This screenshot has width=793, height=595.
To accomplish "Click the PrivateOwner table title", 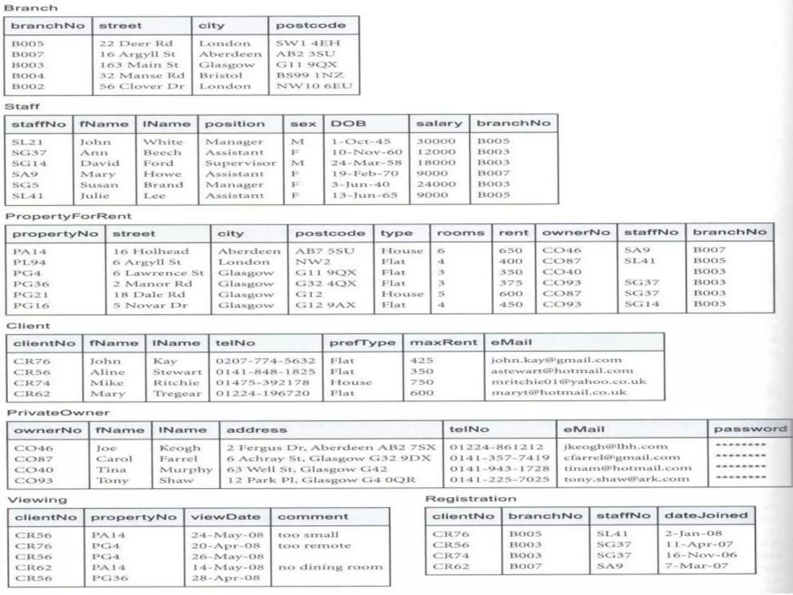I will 58,413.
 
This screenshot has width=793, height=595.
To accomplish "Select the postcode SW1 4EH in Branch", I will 308,43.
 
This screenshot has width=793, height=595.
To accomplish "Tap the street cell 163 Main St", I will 139,65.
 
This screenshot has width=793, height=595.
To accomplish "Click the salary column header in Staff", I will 439,124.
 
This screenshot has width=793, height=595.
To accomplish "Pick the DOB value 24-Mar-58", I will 366,163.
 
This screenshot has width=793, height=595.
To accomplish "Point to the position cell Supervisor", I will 240,163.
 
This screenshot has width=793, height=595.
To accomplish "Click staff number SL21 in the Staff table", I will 27,142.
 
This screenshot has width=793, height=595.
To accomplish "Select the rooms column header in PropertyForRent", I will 460,233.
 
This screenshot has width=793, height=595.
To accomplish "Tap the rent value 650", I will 510,251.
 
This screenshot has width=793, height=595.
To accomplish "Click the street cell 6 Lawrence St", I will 158,273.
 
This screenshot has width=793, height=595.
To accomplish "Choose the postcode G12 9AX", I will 325,305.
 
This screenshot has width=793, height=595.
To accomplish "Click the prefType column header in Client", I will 362,343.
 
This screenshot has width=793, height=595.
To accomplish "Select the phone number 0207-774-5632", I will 265,361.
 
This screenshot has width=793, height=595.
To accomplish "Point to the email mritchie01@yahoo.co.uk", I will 568,382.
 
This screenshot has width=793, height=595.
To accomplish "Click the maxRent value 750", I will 421,382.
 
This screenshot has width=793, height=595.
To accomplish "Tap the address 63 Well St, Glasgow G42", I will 307,469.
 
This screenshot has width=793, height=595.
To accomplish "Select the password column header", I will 750,429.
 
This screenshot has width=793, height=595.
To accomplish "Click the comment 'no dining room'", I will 330,567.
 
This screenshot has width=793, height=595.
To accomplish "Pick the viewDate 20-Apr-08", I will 225,546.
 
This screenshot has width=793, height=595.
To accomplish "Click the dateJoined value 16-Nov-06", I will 701,555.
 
